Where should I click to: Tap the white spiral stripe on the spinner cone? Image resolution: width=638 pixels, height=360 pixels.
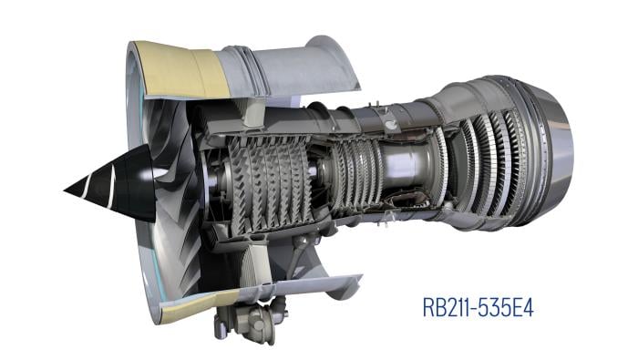(111, 188)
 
